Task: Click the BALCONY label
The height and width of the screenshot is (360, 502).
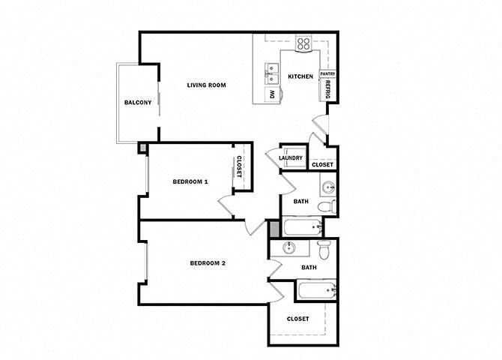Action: pyautogui.click(x=138, y=102)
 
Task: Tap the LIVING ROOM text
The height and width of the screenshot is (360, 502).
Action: pyautogui.click(x=206, y=85)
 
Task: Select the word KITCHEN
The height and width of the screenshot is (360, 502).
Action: pyautogui.click(x=300, y=76)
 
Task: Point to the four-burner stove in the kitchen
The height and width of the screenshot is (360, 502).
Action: pyautogui.click(x=303, y=44)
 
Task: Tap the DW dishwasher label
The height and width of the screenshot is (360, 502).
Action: pyautogui.click(x=272, y=94)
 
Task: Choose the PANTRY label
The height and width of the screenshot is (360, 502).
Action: pyautogui.click(x=327, y=74)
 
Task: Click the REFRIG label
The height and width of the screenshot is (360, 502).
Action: pyautogui.click(x=328, y=91)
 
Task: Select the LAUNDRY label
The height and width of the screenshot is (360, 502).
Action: pyautogui.click(x=291, y=158)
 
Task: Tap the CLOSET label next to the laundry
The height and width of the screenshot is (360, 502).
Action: pyautogui.click(x=322, y=164)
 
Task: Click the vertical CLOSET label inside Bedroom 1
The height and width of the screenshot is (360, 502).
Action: pyautogui.click(x=239, y=166)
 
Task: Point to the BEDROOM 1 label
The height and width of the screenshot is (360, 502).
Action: pyautogui.click(x=190, y=181)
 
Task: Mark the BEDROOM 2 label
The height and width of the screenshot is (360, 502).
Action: pyautogui.click(x=208, y=262)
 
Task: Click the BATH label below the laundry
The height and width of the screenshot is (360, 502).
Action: pyautogui.click(x=300, y=201)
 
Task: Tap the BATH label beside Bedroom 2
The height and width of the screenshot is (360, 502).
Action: pyautogui.click(x=309, y=267)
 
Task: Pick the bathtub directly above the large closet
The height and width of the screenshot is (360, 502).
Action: pyautogui.click(x=315, y=290)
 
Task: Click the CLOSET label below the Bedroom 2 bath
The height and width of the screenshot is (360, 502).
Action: pyautogui.click(x=298, y=319)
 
